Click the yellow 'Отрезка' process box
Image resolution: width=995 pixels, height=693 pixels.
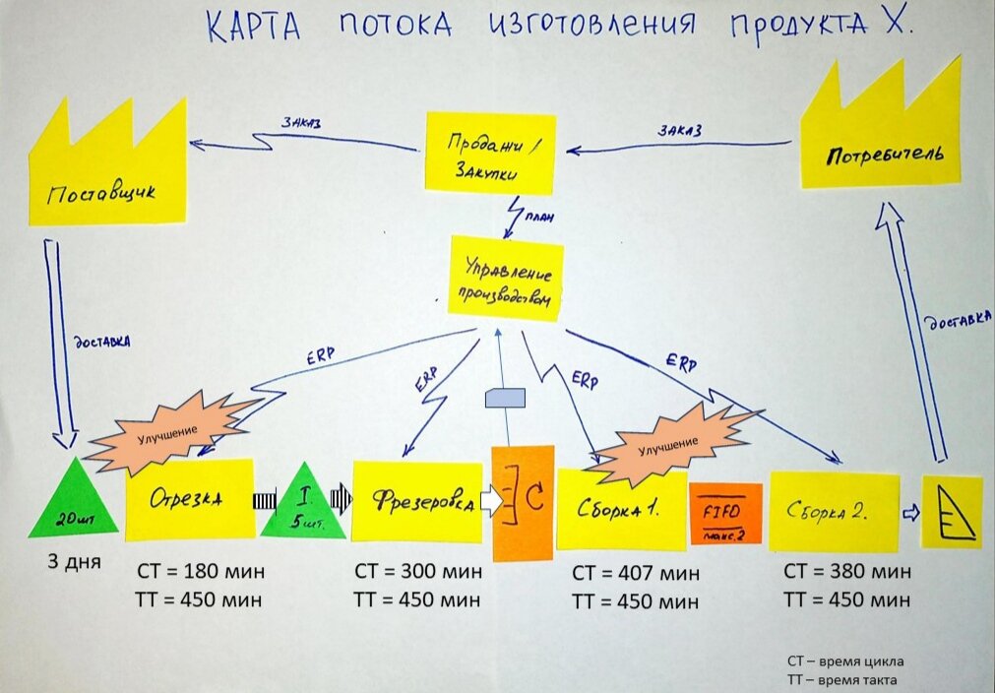click(189, 498)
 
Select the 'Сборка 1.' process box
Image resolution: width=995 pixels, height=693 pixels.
click(620, 510)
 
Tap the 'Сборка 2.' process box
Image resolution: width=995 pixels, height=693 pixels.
click(834, 511)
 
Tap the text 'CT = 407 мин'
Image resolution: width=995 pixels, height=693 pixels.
click(635, 572)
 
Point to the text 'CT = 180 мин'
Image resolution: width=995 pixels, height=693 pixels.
click(199, 572)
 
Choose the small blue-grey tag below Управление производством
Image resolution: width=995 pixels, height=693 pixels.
click(506, 398)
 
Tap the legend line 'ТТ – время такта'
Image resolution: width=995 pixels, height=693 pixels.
click(841, 680)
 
